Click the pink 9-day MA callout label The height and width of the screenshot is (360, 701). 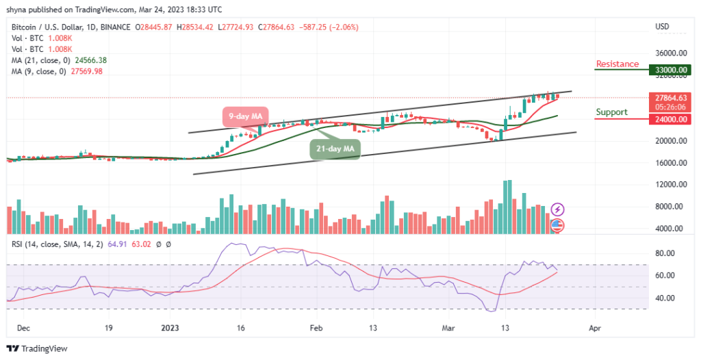244,116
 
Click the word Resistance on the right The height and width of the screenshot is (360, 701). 617,64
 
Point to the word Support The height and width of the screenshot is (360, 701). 611,112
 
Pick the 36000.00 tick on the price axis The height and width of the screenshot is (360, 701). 671,53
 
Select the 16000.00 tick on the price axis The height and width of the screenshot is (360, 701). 671,163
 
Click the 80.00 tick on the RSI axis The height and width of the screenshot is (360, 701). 666,253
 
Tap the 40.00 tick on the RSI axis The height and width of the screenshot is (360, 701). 666,298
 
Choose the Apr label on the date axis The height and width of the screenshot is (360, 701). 595,329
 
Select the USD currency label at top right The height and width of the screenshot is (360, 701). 662,27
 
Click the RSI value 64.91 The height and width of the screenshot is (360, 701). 118,244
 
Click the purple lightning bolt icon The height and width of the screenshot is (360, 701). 557,209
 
